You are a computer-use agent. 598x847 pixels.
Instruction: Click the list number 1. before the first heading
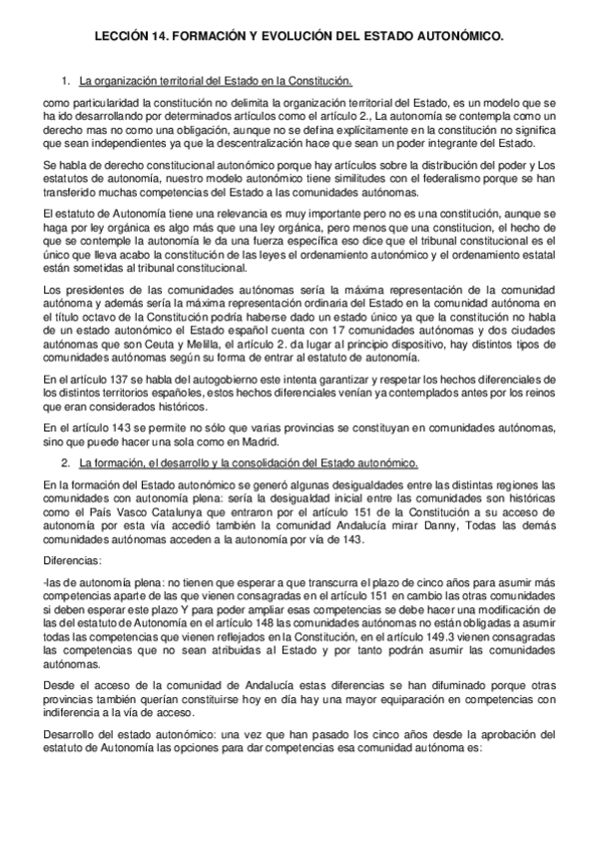point(67,80)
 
